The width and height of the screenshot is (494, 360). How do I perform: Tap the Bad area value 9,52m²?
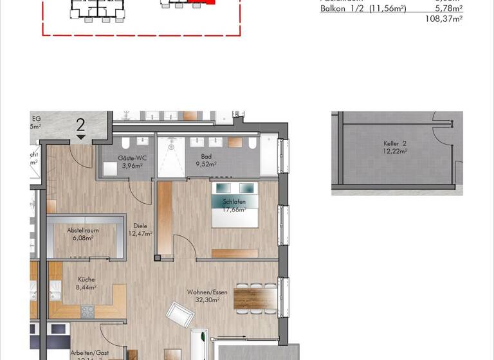click(x=206, y=164)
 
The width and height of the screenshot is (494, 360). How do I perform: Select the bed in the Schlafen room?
click(x=234, y=204)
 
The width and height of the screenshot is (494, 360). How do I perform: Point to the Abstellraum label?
click(x=83, y=230)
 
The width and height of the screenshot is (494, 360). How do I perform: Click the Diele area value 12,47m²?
click(x=140, y=233)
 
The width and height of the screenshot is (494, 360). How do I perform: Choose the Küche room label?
click(x=87, y=280)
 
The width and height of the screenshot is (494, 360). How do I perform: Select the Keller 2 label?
click(x=396, y=143)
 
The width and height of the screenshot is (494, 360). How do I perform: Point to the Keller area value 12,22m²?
click(x=396, y=151)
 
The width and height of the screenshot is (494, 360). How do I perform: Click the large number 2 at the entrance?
click(x=81, y=124)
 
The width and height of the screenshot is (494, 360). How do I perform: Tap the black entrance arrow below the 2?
click(x=81, y=137)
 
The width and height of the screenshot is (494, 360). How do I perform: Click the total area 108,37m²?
click(x=444, y=19)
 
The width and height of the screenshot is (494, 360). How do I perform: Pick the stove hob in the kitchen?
click(x=87, y=312)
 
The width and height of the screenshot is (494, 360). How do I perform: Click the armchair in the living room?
click(x=180, y=314)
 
